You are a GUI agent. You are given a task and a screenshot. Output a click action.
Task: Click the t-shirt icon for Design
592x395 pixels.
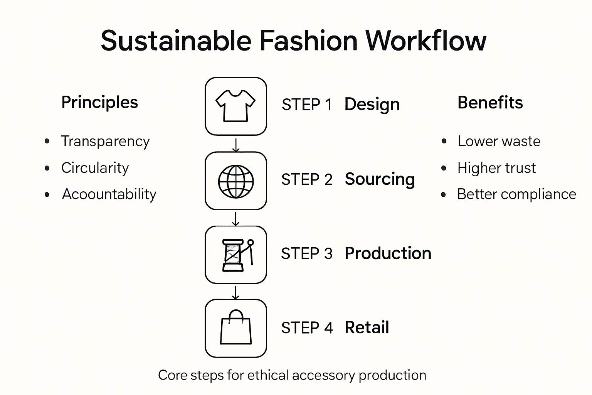pos(235,106)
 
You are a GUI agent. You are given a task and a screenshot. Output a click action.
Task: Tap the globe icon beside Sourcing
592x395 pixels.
pos(236,181)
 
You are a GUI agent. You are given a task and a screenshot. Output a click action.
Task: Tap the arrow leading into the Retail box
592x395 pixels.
pos(236,292)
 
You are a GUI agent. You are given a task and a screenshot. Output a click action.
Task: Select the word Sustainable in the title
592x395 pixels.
pos(176,41)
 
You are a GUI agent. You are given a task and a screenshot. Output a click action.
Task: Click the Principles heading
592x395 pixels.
pos(99,102)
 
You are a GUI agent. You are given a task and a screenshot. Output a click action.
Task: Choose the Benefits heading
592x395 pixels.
pos(490,103)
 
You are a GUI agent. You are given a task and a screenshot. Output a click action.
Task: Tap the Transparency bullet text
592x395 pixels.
pos(105,142)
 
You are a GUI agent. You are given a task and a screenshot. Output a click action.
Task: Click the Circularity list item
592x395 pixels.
pos(95,168)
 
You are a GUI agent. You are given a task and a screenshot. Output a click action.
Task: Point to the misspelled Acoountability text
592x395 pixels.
pos(109,194)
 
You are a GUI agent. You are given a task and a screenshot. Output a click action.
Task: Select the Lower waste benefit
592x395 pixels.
pos(499,141)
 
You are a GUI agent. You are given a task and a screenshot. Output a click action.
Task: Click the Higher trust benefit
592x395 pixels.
pos(496,168)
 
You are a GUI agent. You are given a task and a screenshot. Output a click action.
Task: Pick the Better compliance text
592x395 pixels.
pos(516,194)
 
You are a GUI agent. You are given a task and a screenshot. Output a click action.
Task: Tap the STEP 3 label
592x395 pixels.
pos(306,254)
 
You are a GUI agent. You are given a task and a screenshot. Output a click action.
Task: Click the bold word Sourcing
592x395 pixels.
pos(380,179)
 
